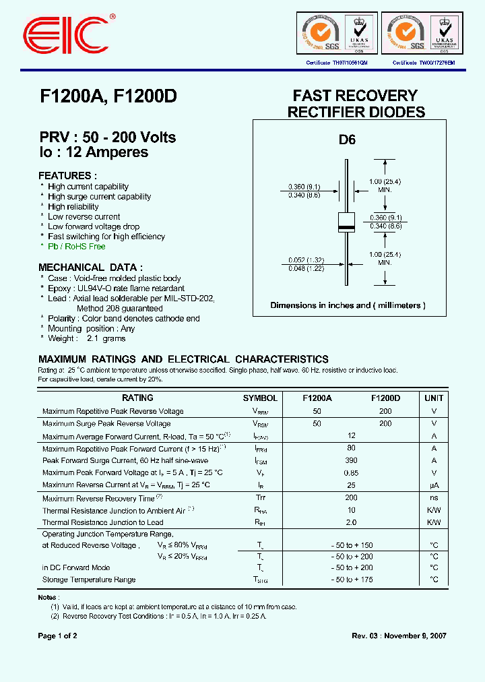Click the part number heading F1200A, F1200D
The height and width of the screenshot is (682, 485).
click(x=108, y=96)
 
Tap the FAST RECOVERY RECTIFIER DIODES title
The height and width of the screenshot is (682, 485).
click(x=356, y=104)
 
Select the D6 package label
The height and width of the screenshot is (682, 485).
click(x=346, y=140)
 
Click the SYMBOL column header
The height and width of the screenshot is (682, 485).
click(x=260, y=398)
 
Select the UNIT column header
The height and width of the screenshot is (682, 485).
click(x=434, y=398)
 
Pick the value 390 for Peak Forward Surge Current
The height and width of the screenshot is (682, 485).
click(x=351, y=460)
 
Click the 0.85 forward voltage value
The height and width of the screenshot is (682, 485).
click(x=351, y=472)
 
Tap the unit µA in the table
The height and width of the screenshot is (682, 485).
click(x=434, y=485)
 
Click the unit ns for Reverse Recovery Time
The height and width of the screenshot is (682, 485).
click(x=434, y=499)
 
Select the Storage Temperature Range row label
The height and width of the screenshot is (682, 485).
click(x=89, y=580)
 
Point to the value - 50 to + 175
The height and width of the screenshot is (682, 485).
click(x=351, y=580)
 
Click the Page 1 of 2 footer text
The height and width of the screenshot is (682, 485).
click(x=58, y=635)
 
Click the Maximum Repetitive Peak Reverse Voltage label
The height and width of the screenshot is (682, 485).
click(x=112, y=411)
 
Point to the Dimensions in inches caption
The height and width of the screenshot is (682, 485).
click(x=348, y=305)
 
